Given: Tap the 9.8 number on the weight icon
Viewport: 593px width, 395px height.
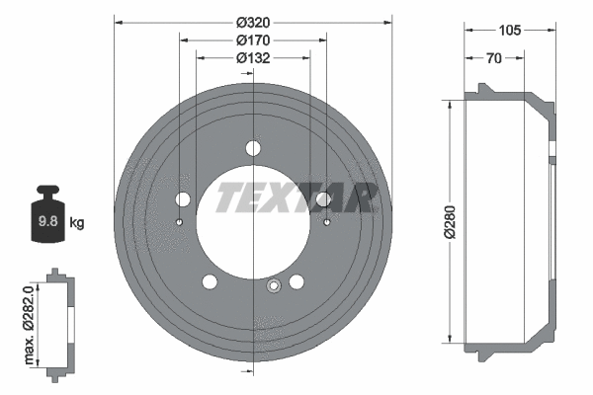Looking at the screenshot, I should click(x=46, y=223).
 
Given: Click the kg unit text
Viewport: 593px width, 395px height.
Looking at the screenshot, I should click(x=76, y=223).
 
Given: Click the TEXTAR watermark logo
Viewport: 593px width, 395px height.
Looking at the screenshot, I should click(x=296, y=197).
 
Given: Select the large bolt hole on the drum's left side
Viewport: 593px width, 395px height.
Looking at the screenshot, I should click(x=182, y=199).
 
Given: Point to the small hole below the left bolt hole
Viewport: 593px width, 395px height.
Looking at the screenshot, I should click(x=180, y=222).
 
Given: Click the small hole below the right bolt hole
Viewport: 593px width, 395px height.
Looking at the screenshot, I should click(x=326, y=222).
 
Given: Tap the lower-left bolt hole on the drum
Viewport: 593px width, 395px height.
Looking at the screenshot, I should click(x=210, y=283).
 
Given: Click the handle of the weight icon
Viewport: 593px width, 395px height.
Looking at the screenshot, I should click(x=46, y=191).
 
